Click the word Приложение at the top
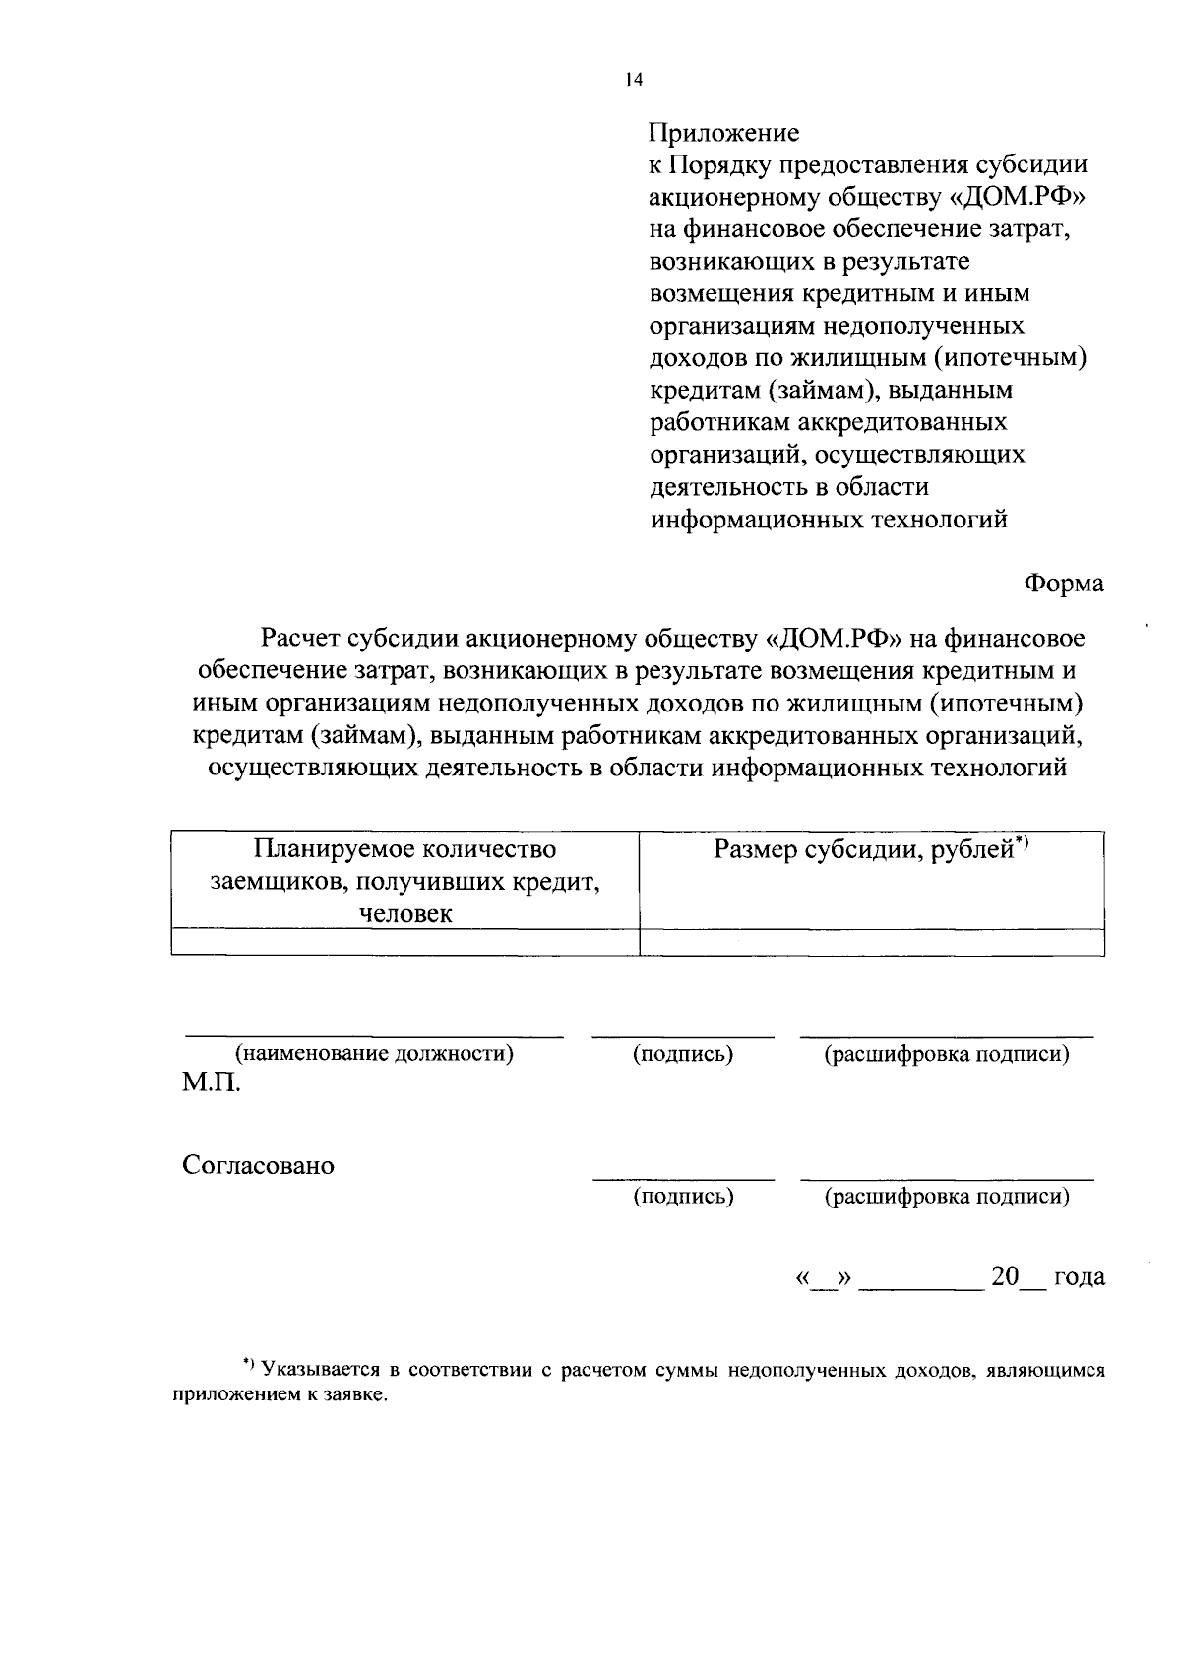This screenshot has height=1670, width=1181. click(723, 132)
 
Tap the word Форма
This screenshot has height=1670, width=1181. click(1064, 583)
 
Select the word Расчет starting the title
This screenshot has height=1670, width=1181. click(300, 639)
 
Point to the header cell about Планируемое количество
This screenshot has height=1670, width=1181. click(404, 848)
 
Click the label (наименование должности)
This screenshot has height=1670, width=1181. click(374, 1054)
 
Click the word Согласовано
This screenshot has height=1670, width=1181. click(258, 1166)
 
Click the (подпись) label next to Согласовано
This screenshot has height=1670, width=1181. click(683, 1196)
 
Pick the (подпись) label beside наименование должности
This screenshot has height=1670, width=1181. click(683, 1054)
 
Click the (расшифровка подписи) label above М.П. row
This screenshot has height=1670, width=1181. click(947, 1054)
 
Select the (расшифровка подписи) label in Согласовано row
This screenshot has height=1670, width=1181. click(947, 1196)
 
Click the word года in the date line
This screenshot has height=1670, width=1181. click(1080, 1277)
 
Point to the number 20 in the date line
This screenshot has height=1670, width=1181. click(1005, 1276)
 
